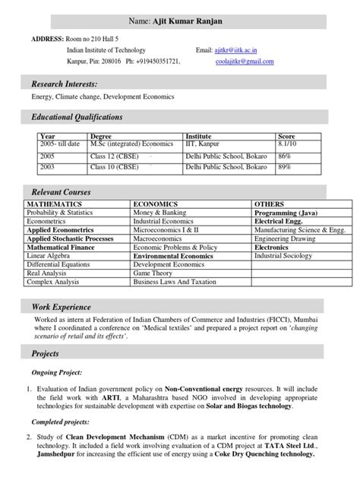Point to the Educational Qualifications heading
pos(77,117)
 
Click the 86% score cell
pos(285,154)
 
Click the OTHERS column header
pos(269,205)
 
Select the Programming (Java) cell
pos(286,213)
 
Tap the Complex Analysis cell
pos(54,281)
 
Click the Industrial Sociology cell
pos(283,256)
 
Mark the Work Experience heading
pos(61,307)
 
